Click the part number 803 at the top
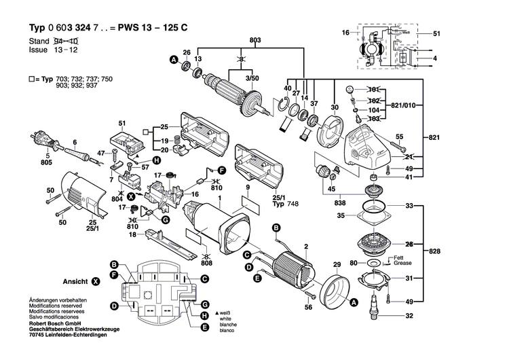(237, 41)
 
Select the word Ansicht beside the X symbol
(76, 280)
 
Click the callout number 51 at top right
(437, 33)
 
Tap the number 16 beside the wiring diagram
(345, 33)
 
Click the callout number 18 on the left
(133, 235)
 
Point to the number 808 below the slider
(206, 264)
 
